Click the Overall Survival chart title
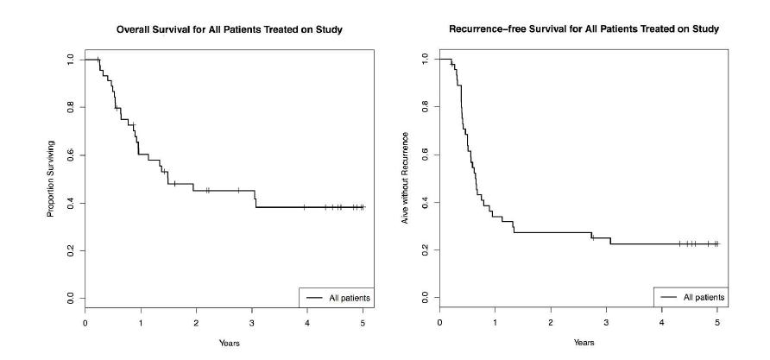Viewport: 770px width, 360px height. click(x=230, y=30)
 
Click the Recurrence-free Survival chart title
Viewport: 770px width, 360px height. click(x=584, y=30)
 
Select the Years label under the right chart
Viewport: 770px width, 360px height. click(x=584, y=343)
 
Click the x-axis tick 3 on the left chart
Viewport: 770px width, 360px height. click(x=252, y=323)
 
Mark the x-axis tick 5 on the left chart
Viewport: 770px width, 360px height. click(x=363, y=323)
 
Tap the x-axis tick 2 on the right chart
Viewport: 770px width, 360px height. click(x=551, y=323)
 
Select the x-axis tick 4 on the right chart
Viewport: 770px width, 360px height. click(x=662, y=323)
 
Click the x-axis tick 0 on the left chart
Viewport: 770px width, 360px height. click(x=85, y=323)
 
